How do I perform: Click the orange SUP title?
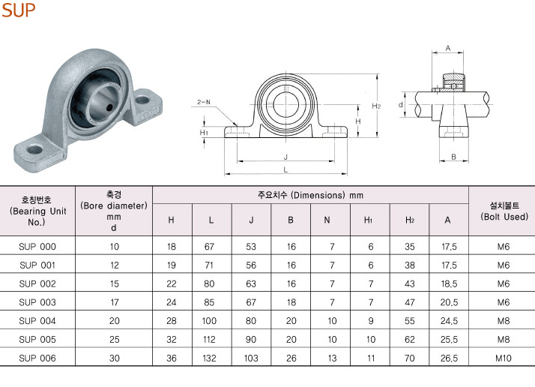pyautogui.click(x=19, y=10)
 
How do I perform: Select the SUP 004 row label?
pyautogui.click(x=37, y=321)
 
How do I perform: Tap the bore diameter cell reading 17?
pyautogui.click(x=115, y=303)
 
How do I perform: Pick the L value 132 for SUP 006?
pyautogui.click(x=209, y=358)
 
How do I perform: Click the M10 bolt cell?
pyautogui.click(x=504, y=358)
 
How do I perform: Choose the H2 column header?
pyautogui.click(x=410, y=220)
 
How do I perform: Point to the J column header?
pyautogui.click(x=251, y=220)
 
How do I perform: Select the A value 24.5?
pyautogui.click(x=449, y=321)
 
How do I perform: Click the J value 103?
pyautogui.click(x=251, y=358)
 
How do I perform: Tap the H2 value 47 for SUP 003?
pyautogui.click(x=410, y=303)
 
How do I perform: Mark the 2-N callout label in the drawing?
pyautogui.click(x=204, y=102)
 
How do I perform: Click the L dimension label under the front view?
pyautogui.click(x=285, y=169)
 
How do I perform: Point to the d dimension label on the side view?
pyautogui.click(x=401, y=105)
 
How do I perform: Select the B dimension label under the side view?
pyautogui.click(x=453, y=157)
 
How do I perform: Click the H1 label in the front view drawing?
pyautogui.click(x=204, y=132)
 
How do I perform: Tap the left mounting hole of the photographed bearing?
pyautogui.click(x=34, y=149)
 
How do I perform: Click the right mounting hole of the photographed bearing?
pyautogui.click(x=142, y=100)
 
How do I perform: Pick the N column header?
pyautogui.click(x=327, y=220)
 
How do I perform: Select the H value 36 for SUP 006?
pyautogui.click(x=172, y=358)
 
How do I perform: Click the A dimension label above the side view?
pyautogui.click(x=448, y=49)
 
